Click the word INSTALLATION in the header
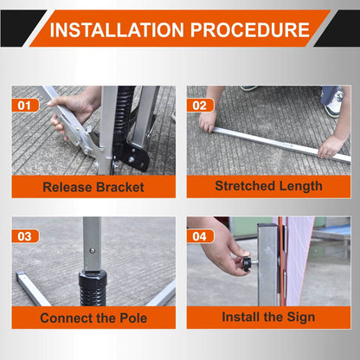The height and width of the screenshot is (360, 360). click(x=117, y=29)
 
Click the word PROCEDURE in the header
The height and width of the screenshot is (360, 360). click(x=250, y=29)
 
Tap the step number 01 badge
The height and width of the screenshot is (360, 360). click(x=25, y=106)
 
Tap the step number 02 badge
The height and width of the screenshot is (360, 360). click(x=200, y=106)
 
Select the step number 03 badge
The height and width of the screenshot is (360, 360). click(x=25, y=236)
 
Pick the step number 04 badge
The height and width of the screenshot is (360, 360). click(x=200, y=236)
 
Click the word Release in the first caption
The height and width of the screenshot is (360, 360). click(x=67, y=187)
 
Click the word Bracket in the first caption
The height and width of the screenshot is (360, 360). click(x=120, y=187)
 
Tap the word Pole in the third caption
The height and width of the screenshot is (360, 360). click(x=133, y=318)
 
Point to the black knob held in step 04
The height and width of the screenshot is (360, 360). click(x=247, y=264)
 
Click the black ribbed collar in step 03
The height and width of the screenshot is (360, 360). click(x=93, y=287)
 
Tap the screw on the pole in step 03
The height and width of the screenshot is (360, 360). click(x=93, y=250)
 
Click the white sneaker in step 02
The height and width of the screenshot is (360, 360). click(x=335, y=106)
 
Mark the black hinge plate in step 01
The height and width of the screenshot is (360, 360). click(x=136, y=157)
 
